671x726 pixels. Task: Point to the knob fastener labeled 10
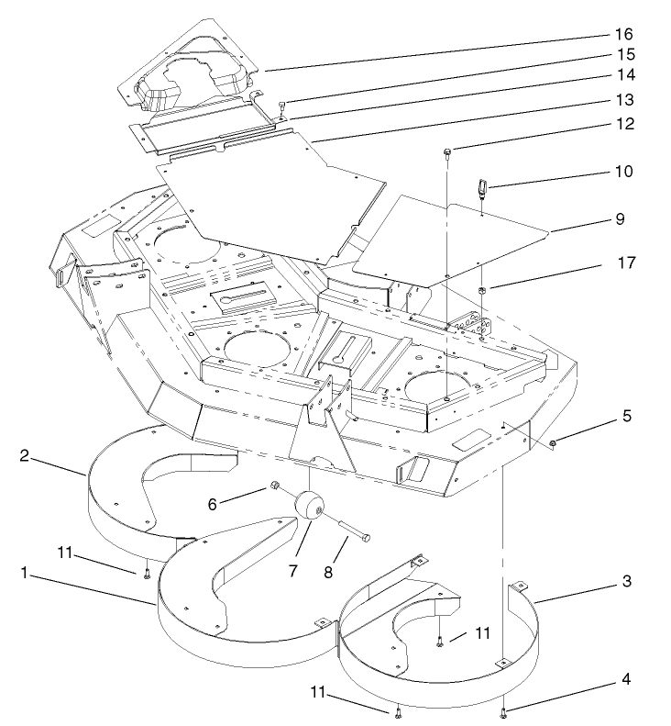pos(480,190)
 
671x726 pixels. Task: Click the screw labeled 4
pos(505,711)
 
